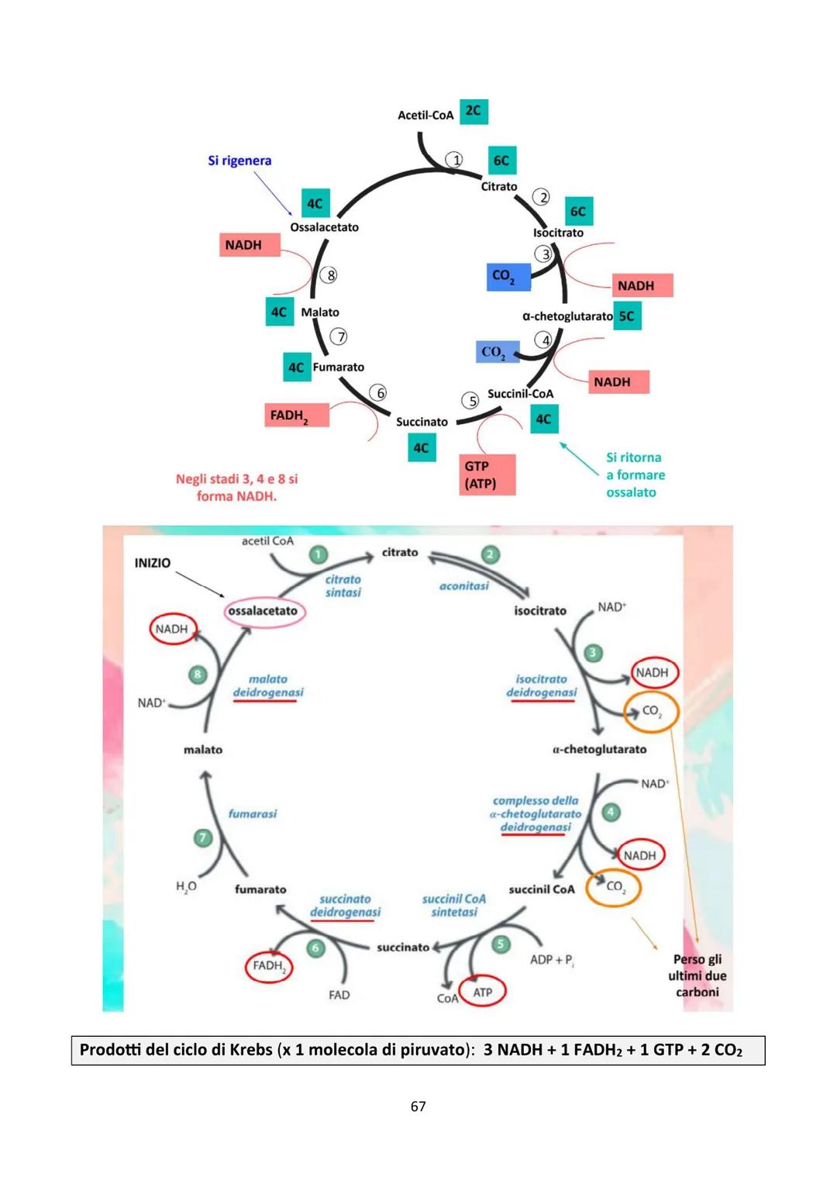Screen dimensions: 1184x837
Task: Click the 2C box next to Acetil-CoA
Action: [x=474, y=112]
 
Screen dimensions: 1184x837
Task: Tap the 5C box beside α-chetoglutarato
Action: [x=627, y=316]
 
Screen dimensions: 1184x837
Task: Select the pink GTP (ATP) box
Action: [x=487, y=475]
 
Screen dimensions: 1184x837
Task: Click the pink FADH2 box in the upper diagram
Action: [x=296, y=416]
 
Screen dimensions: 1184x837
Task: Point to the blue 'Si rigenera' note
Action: [x=239, y=161]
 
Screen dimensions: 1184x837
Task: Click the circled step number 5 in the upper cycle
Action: [x=471, y=401]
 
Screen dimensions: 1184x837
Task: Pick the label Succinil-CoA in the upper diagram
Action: [x=520, y=394]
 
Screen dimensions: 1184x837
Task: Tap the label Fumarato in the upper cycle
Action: [x=338, y=367]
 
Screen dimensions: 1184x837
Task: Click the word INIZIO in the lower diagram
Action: [x=152, y=563]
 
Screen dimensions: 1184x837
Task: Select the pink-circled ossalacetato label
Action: [x=263, y=611]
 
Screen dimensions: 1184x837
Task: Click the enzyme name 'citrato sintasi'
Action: [x=343, y=585]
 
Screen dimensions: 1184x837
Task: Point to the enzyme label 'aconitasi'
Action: [x=463, y=586]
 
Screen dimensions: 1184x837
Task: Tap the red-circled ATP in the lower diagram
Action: [x=482, y=992]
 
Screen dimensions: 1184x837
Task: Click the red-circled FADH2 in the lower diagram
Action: [x=269, y=966]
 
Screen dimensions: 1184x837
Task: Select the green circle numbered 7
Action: [x=203, y=837]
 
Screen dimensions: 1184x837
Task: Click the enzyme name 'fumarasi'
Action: [x=252, y=813]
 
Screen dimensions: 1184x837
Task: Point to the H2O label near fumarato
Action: [x=186, y=886]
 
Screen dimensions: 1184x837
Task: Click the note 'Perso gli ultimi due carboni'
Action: [x=697, y=975]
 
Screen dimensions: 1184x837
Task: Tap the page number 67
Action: [x=418, y=1106]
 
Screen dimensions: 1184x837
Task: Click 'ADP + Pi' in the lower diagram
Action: [x=551, y=960]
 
